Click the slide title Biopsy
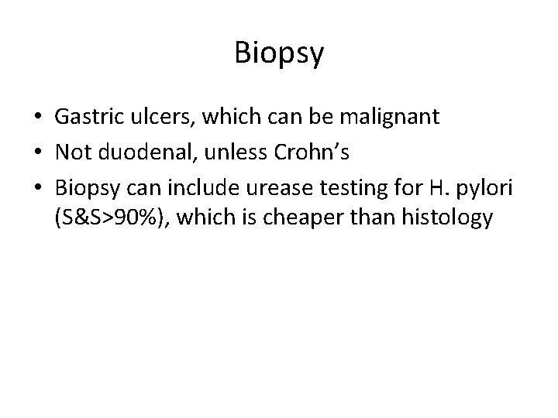(x=278, y=53)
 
